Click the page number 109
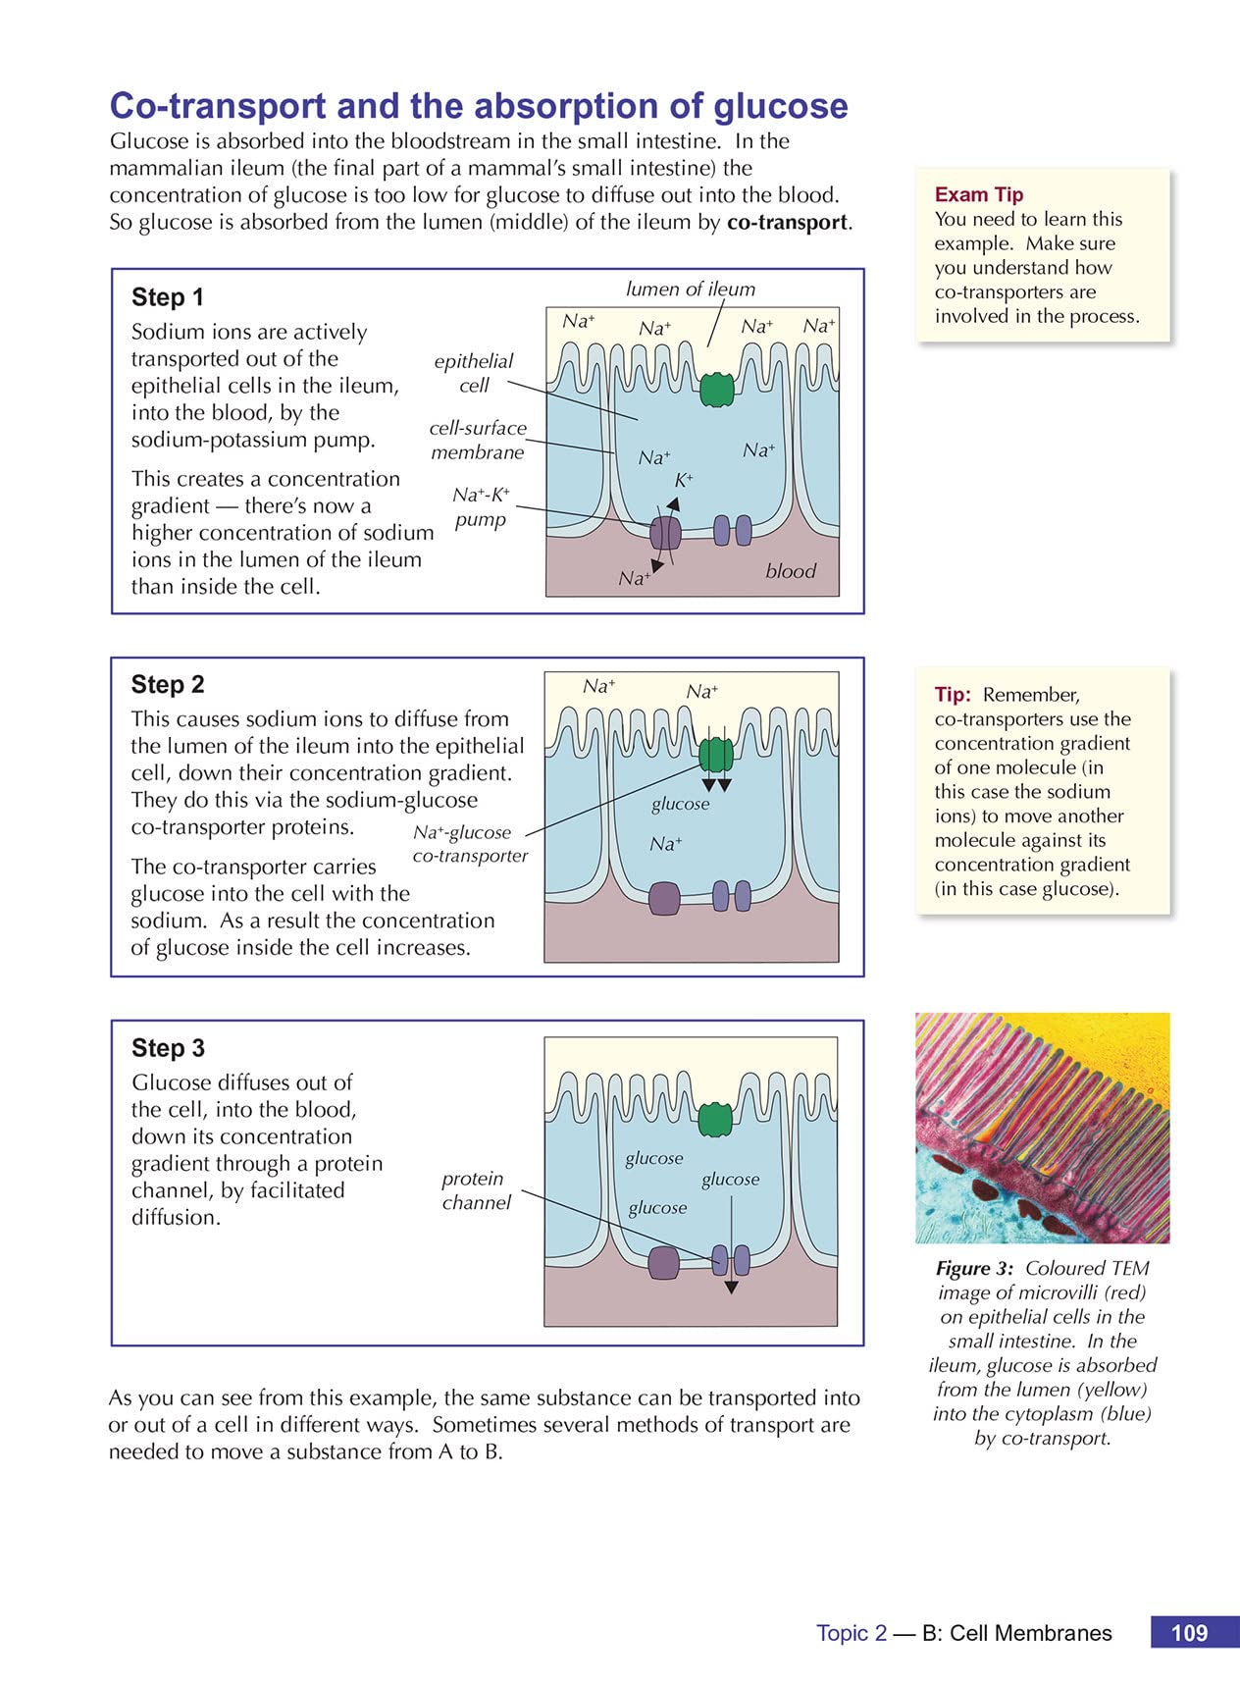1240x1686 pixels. [1189, 1633]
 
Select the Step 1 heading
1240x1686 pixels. [168, 297]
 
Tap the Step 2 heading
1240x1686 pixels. [168, 684]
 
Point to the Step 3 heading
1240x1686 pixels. [168, 1048]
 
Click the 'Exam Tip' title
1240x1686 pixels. [978, 194]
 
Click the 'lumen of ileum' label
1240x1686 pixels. [691, 290]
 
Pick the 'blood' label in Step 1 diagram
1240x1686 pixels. [791, 571]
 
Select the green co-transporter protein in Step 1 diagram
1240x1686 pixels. [716, 389]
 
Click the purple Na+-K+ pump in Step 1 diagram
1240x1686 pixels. [665, 533]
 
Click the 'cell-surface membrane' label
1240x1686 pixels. [478, 440]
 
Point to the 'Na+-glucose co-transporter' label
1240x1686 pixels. [469, 844]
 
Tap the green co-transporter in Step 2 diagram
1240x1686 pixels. [716, 755]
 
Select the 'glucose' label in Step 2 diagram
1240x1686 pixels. [680, 804]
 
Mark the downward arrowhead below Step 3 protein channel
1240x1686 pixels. [731, 1288]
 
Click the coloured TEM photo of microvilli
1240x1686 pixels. [1042, 1129]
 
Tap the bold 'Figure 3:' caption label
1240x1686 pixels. [974, 1269]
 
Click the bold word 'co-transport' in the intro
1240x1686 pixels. [788, 222]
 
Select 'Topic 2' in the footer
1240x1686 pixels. [852, 1633]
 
